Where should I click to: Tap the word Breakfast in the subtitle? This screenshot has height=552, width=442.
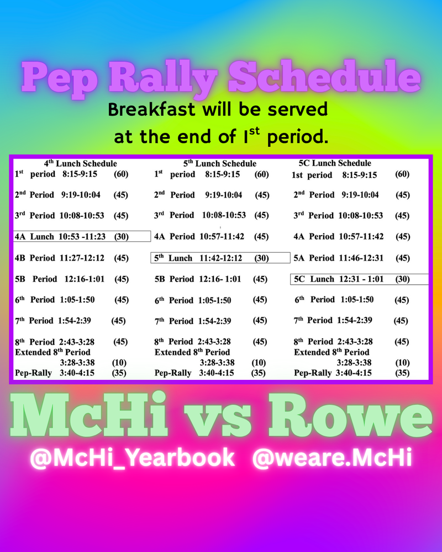[149, 109]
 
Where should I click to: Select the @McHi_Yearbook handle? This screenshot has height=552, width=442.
[131, 459]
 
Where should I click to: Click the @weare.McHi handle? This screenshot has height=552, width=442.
[331, 459]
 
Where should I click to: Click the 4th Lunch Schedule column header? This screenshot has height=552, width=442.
[81, 163]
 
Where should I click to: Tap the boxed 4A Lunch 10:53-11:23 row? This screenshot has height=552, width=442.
[82, 236]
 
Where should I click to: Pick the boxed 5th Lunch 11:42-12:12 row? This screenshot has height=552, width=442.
[220, 258]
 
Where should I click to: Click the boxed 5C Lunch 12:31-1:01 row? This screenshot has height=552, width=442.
[359, 279]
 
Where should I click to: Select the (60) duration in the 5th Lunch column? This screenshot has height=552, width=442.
[261, 174]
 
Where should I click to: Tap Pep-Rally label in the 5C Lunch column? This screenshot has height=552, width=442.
[313, 373]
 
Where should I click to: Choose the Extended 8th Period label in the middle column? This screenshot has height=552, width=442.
[192, 352]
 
